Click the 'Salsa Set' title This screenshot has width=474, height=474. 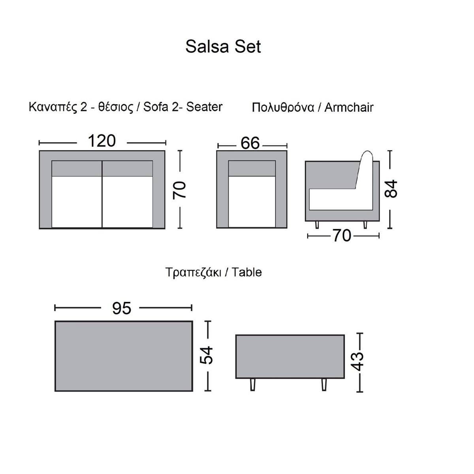(x=223, y=46)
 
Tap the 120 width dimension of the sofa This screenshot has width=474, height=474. (x=102, y=141)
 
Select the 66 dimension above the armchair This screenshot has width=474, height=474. (x=250, y=143)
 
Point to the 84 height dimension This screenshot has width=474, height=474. (x=391, y=189)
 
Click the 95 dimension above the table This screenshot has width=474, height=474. (x=122, y=308)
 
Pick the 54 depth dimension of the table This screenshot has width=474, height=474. (x=206, y=355)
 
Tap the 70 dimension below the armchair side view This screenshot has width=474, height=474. (x=342, y=236)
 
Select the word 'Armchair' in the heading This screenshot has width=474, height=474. (x=349, y=107)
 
